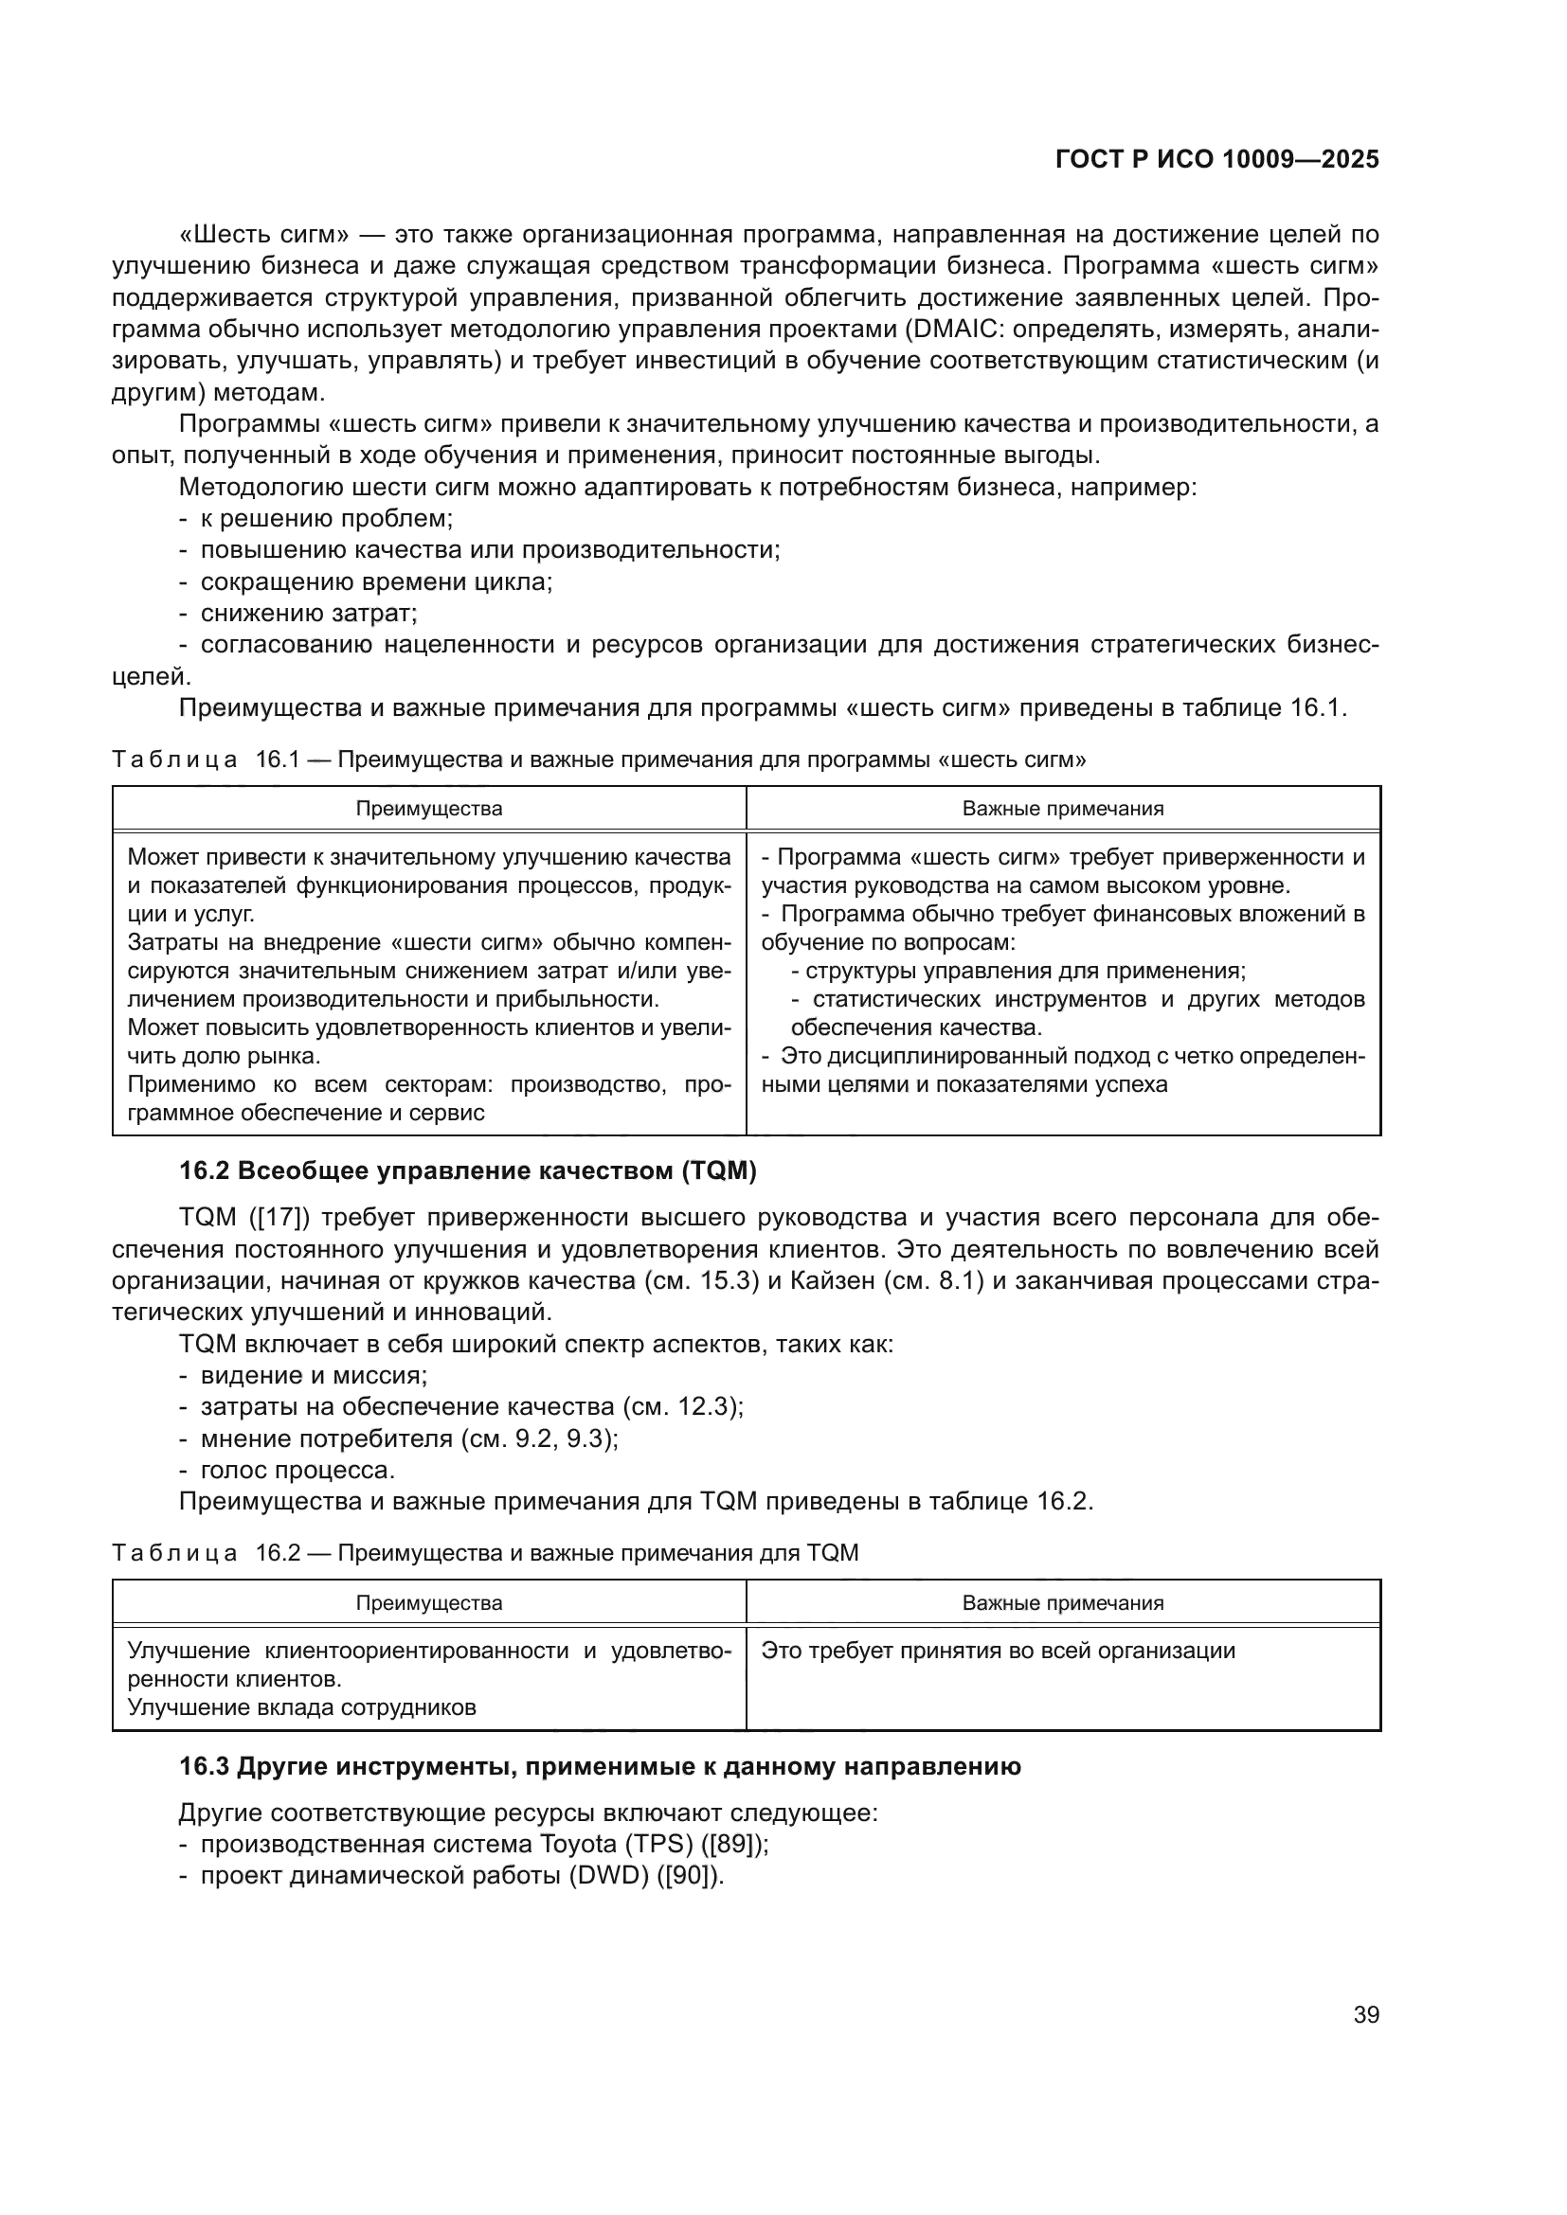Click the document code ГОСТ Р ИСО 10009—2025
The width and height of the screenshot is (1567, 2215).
point(1216,159)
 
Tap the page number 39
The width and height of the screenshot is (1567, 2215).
point(1365,2014)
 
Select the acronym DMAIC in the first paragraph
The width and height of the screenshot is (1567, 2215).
point(951,329)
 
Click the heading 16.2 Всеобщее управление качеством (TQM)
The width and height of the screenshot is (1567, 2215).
point(468,1171)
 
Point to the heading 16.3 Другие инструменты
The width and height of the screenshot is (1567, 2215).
point(599,1766)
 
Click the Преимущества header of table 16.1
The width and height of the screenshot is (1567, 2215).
point(428,809)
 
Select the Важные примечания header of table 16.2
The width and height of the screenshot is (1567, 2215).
point(1062,1602)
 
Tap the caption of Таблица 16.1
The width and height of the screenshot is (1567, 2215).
point(598,759)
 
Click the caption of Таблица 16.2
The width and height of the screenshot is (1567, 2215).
point(484,1552)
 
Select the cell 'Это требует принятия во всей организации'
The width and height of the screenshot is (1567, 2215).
point(998,1650)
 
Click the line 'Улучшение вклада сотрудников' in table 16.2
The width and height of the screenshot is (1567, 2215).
point(302,1706)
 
